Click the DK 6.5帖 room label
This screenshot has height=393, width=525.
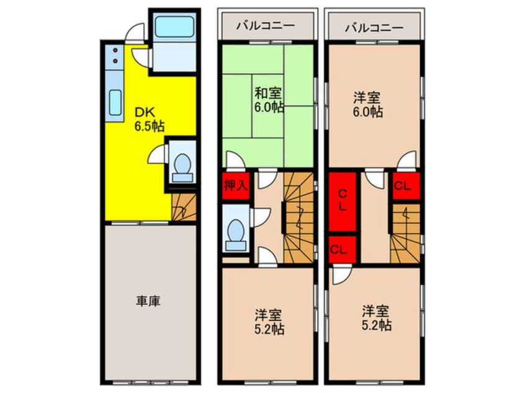149,119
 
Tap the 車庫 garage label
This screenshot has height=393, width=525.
149,302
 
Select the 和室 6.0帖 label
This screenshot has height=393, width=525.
269,100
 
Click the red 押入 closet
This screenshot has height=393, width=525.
236,186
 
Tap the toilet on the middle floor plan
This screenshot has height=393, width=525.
236,233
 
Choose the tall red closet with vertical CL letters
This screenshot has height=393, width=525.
342,201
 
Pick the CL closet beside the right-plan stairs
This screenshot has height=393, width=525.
405,185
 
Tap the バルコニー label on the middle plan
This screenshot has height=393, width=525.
266,27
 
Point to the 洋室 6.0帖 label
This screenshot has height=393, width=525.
368,105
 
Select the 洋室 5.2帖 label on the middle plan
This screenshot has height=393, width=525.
269,320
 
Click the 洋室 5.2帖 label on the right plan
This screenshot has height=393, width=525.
377,316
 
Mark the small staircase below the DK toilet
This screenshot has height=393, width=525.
182,207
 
